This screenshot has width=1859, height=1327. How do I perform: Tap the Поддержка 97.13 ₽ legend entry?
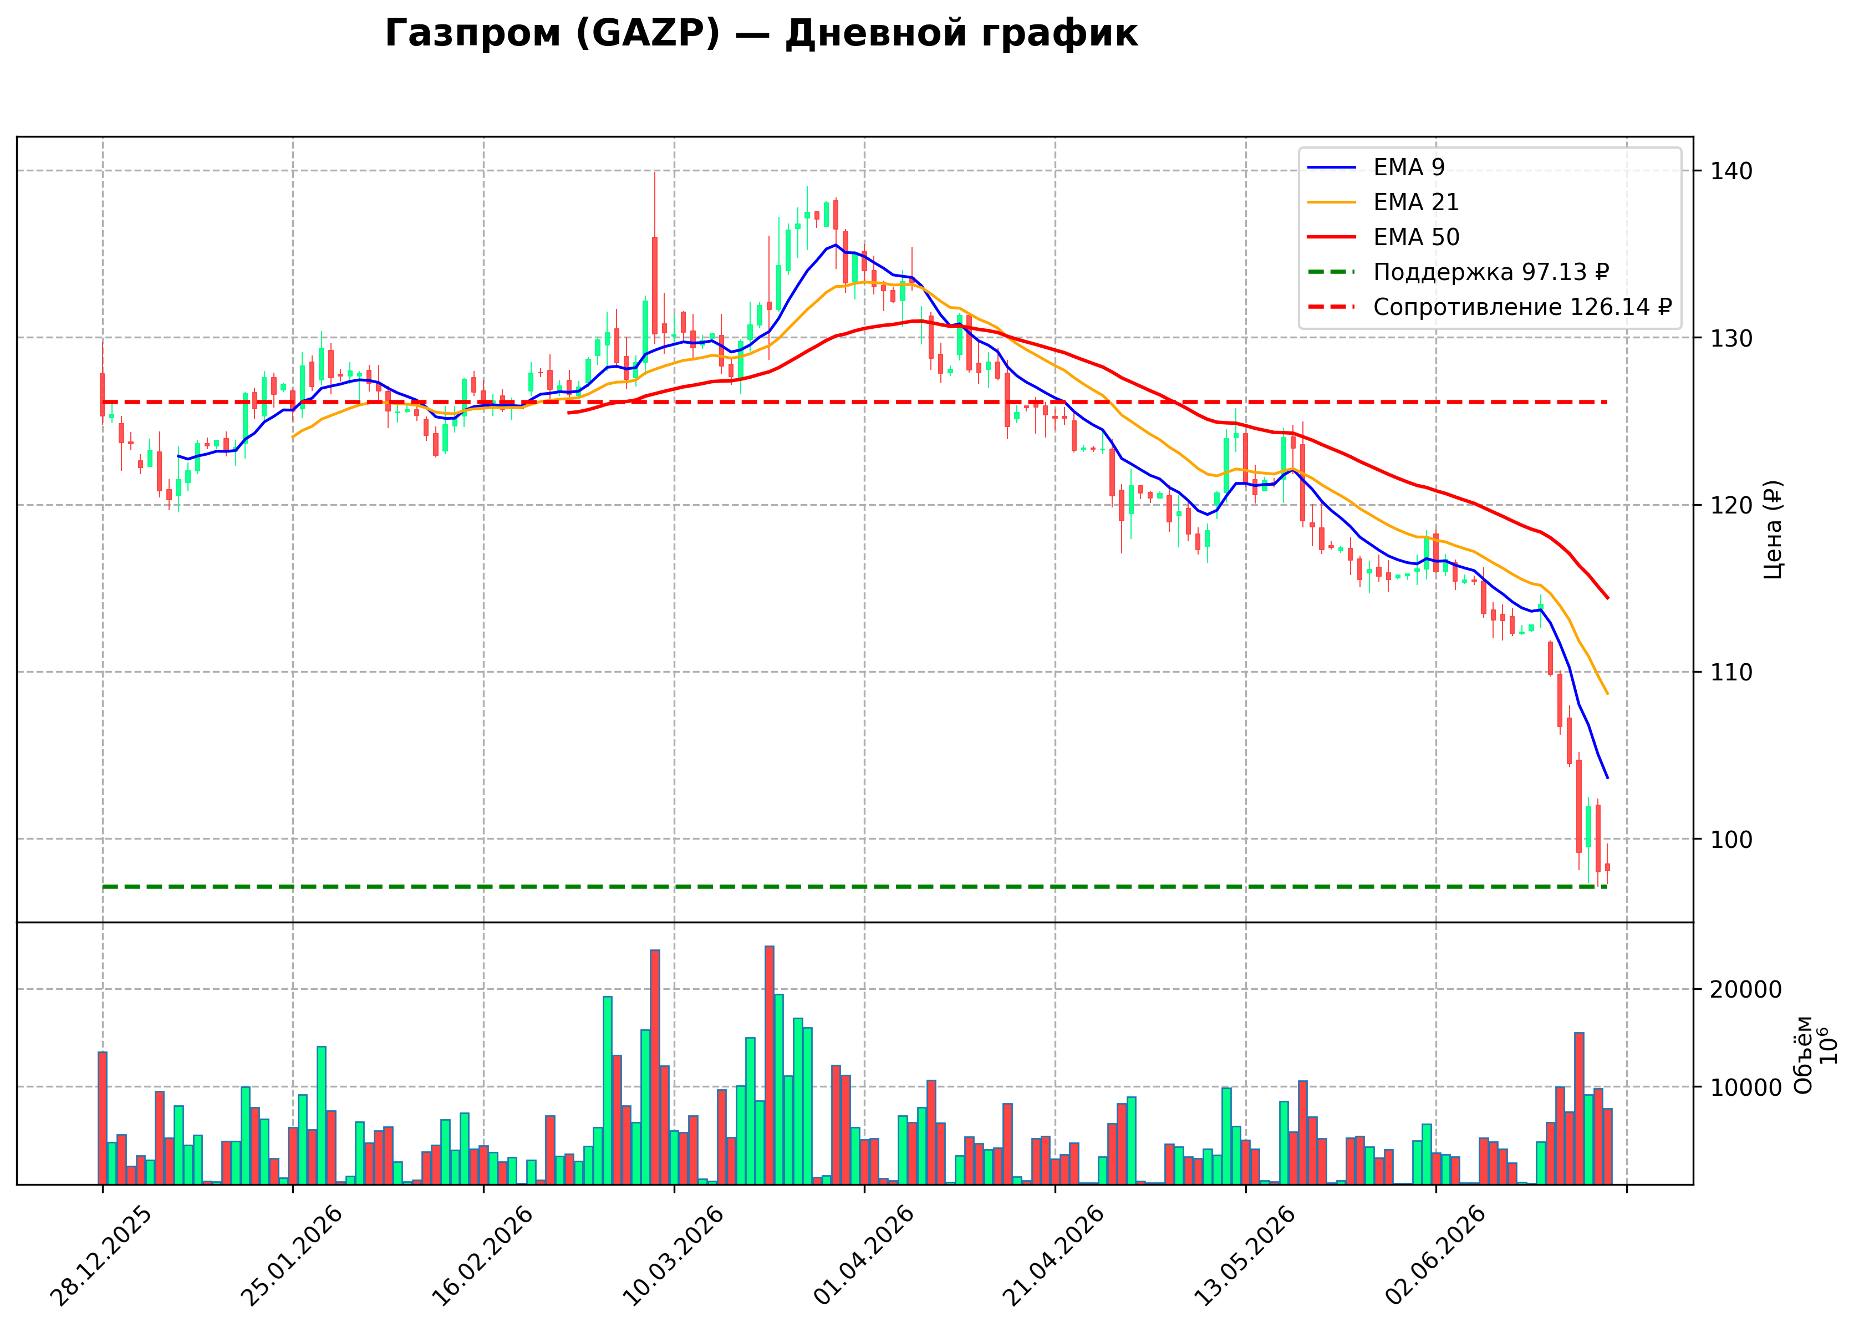click(1458, 272)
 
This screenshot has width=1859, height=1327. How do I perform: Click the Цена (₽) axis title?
click(1773, 530)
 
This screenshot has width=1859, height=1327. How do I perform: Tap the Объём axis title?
click(1804, 1055)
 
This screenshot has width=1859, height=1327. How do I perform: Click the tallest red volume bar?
click(770, 1065)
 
